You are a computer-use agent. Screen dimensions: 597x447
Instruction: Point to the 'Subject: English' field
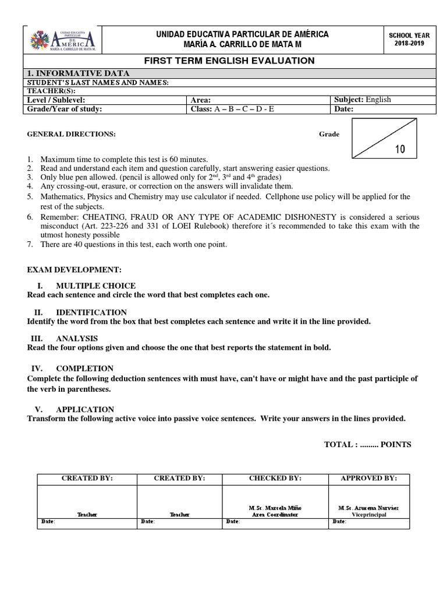coord(362,100)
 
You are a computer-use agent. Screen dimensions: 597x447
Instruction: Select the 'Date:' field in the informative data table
coord(344,109)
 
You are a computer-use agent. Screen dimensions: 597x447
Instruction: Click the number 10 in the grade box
coord(400,149)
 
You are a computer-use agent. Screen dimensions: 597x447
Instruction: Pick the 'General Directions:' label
coord(72,134)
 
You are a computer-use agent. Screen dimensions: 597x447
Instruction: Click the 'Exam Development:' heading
coord(74,270)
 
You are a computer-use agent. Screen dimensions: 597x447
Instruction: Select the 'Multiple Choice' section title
coord(95,286)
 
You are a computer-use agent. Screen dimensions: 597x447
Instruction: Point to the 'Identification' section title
coord(91,312)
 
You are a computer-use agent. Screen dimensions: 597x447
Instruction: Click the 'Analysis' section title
coord(77,338)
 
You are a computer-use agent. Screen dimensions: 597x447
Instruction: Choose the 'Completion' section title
coord(84,368)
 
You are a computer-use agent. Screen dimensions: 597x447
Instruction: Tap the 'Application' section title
coord(85,409)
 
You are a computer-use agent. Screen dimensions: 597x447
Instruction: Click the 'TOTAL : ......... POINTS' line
coord(367,444)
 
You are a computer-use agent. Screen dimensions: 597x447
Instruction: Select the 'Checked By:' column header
coord(275,478)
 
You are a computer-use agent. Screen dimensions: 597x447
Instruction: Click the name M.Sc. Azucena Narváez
coord(368,508)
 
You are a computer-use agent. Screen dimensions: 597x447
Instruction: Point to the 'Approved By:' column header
coord(368,478)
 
